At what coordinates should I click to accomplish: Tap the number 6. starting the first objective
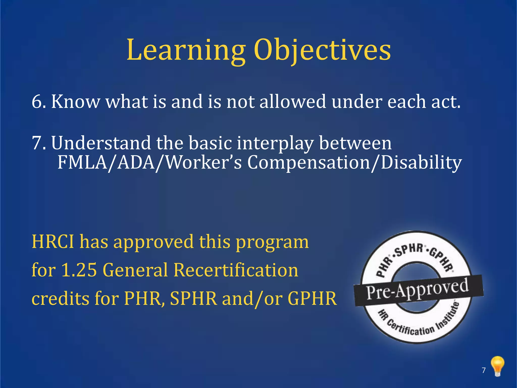[x=39, y=102]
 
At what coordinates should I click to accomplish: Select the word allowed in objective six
[x=293, y=102]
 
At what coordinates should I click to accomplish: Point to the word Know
[x=75, y=102]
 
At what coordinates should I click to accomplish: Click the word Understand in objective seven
[x=101, y=143]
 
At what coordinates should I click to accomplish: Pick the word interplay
[x=275, y=143]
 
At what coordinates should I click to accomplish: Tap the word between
[x=355, y=143]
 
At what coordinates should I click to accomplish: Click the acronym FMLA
[x=83, y=162]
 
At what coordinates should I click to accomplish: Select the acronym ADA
[x=136, y=162]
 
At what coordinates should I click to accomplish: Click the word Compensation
[x=308, y=162]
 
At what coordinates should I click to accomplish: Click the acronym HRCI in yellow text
[x=53, y=242]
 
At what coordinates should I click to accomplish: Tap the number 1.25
[x=79, y=270]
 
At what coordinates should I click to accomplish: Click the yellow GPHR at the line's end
[x=312, y=298]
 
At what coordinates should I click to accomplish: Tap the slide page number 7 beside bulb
[x=483, y=370]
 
